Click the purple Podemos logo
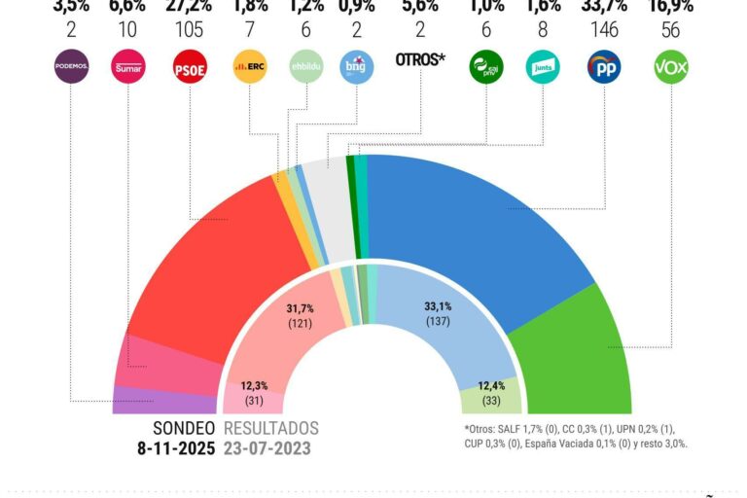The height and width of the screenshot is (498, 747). [x=71, y=67]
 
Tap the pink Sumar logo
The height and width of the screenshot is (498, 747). [x=129, y=67]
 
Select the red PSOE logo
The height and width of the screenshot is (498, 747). [x=189, y=67]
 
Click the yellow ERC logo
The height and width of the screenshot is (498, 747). [x=250, y=67]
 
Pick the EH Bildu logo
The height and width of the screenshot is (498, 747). [x=306, y=67]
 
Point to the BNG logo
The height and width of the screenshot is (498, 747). [x=357, y=67]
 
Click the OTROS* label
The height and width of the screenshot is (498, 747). [x=420, y=60]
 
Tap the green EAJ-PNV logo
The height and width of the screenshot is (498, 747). [x=485, y=67]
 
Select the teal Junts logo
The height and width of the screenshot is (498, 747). [x=542, y=67]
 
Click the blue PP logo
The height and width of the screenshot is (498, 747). [x=604, y=67]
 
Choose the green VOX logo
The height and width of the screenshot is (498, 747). [x=670, y=67]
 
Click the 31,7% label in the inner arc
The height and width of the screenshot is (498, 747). [x=301, y=308]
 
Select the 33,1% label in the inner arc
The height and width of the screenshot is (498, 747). [x=438, y=305]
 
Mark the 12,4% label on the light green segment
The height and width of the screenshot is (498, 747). [x=489, y=387]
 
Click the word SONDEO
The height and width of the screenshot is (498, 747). [x=185, y=428]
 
